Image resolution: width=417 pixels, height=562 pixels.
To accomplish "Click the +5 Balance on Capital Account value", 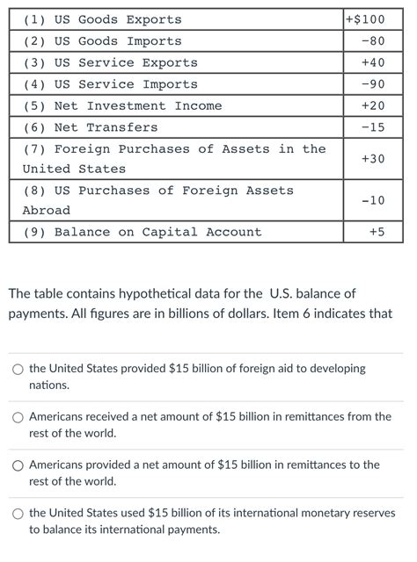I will tap(377, 232).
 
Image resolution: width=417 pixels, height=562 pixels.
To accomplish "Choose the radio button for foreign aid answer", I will tap(18, 370).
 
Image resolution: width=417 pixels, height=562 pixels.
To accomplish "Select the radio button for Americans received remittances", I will tap(18, 417).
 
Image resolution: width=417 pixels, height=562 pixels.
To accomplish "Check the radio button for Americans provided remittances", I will tap(18, 465).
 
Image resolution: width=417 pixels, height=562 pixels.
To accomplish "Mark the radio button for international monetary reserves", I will tap(18, 514).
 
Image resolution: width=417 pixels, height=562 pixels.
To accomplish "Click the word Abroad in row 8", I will tap(46, 211).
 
